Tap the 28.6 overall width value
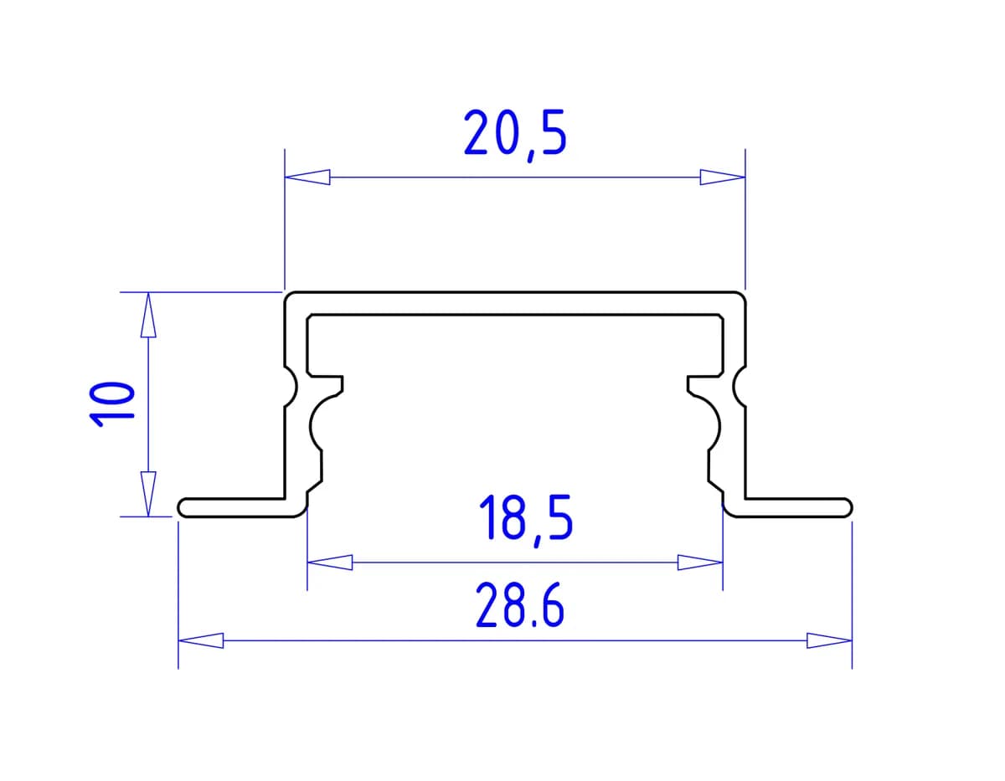[520, 605]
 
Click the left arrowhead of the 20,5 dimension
[307, 177]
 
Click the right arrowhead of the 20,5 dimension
[723, 177]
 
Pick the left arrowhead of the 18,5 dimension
[330, 563]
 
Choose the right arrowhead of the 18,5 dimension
[700, 563]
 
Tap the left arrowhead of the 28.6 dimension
[201, 640]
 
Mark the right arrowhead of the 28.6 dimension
[829, 640]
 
